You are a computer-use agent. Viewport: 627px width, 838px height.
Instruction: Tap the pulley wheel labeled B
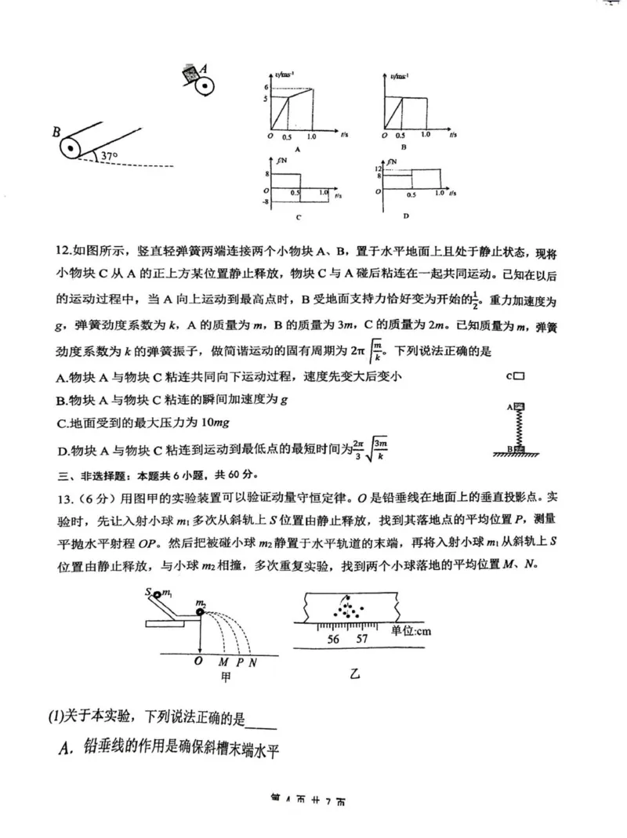pos(71,146)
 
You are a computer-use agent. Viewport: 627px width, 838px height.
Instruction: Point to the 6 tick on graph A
pos(266,86)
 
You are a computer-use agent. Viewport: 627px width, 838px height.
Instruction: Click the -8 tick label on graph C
pos(266,202)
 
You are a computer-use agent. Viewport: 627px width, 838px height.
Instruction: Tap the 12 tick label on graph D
pos(377,169)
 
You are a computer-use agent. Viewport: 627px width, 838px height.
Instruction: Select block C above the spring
pos(518,376)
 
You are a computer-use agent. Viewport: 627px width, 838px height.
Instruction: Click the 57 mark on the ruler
pos(362,638)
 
